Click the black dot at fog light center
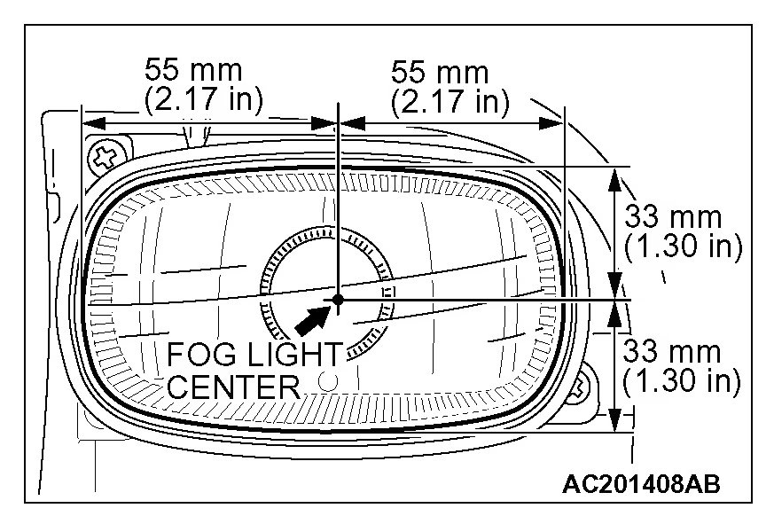[338, 300]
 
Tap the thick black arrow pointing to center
[312, 321]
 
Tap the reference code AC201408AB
[641, 484]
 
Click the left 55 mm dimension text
[193, 70]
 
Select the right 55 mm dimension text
[440, 72]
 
